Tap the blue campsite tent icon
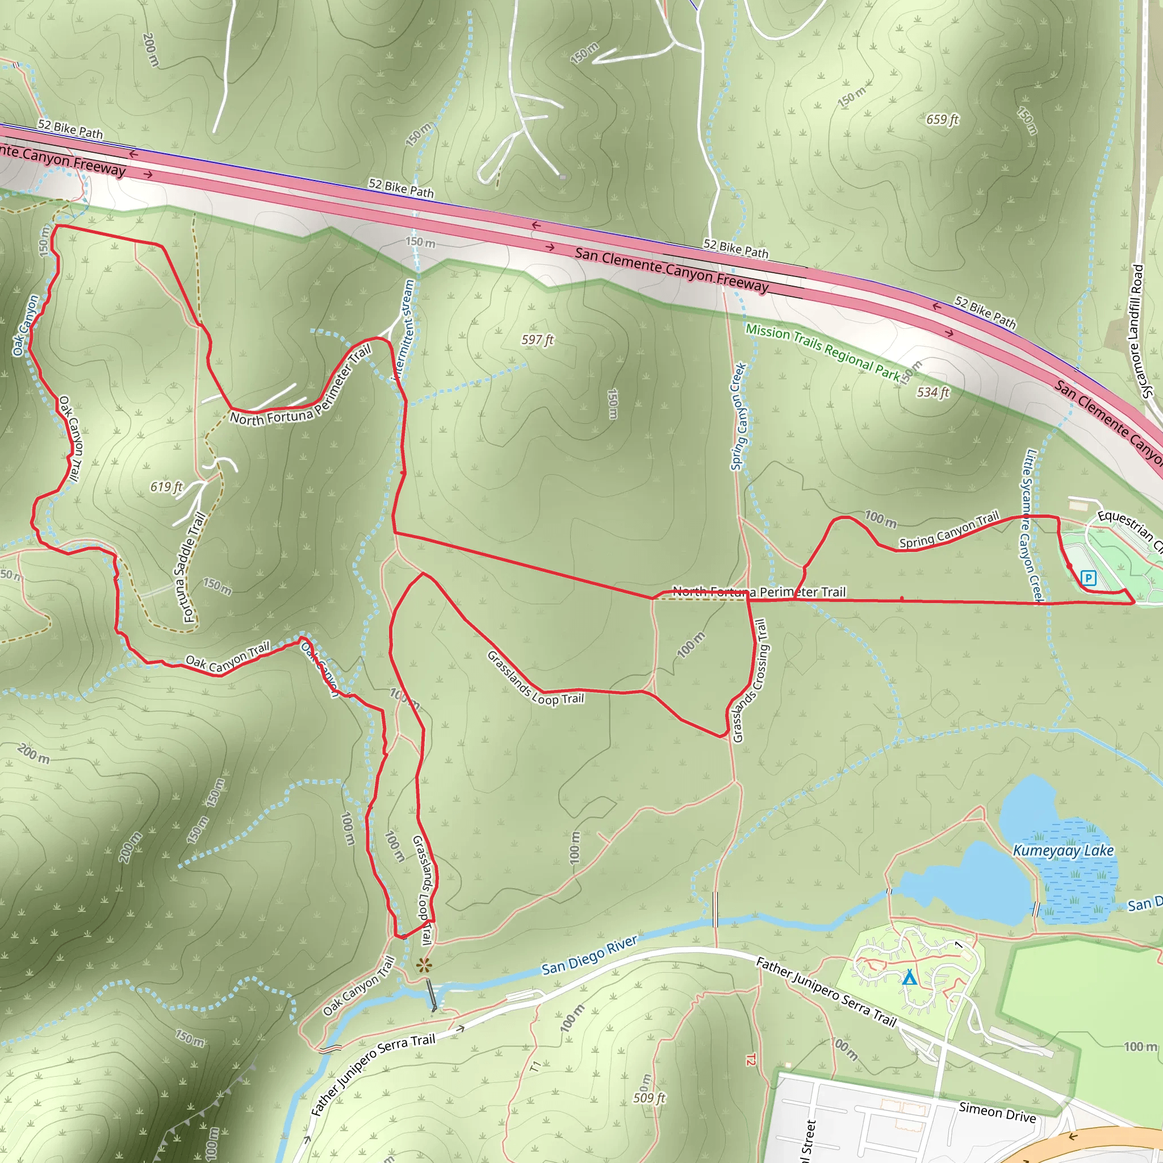(x=910, y=978)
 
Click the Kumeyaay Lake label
(x=1063, y=851)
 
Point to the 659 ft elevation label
(x=942, y=120)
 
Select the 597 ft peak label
(x=538, y=340)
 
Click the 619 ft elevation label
(x=166, y=487)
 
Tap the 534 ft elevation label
(x=933, y=392)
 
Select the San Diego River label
(x=589, y=955)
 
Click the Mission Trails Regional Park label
(x=823, y=353)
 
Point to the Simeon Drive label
(x=997, y=1112)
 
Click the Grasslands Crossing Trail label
(x=750, y=681)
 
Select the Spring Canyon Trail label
(x=949, y=530)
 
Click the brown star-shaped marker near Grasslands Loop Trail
(x=424, y=966)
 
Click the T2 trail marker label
(x=751, y=1060)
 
